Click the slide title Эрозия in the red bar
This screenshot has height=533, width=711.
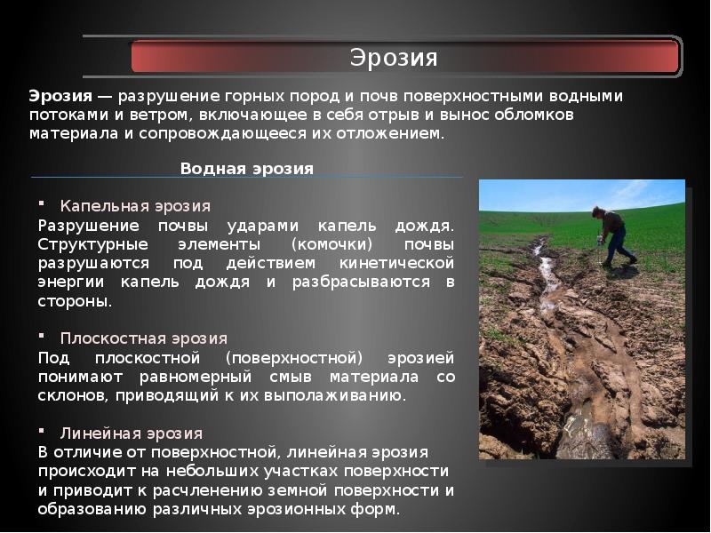point(393,59)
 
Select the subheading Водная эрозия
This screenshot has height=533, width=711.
point(247,168)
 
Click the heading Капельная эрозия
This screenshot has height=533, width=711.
point(135,206)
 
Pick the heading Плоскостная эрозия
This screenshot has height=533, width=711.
point(144,338)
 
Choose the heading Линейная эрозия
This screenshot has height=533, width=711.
point(132,434)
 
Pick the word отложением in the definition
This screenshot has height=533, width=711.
point(391,134)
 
